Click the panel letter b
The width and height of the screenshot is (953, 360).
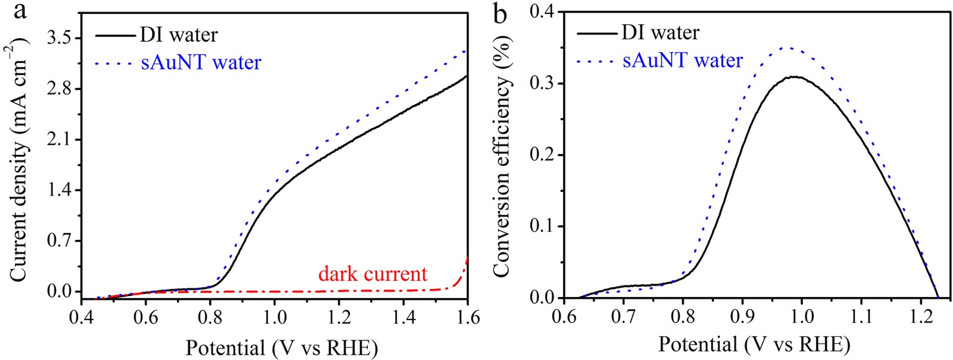tap(500, 13)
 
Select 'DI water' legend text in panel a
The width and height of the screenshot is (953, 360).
tap(178, 34)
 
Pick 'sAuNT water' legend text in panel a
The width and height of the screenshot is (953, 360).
tap(201, 62)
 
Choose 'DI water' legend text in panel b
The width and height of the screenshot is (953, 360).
tap(660, 32)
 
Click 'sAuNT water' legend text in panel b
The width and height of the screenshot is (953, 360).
tap(683, 61)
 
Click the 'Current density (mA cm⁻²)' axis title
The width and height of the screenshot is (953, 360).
tap(18, 159)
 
